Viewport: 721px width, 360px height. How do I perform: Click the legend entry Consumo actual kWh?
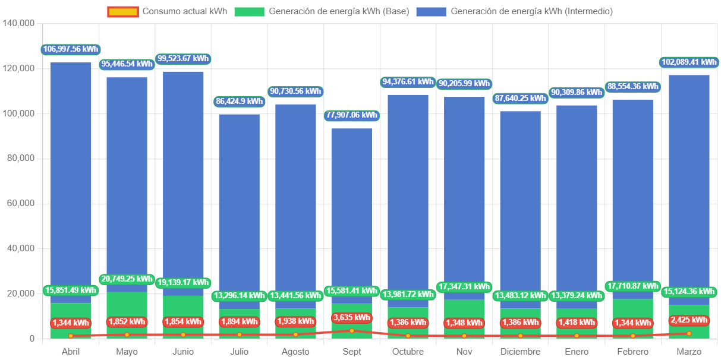(x=167, y=11)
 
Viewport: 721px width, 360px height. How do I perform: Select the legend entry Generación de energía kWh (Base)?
(x=322, y=11)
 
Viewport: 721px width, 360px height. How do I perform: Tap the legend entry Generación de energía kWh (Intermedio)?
(x=514, y=11)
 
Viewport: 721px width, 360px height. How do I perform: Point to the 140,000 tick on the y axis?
(x=19, y=23)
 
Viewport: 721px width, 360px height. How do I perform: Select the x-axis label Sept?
(x=352, y=352)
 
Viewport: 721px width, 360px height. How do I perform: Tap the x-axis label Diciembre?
(x=521, y=352)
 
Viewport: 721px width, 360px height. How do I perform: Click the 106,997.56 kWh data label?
(x=71, y=49)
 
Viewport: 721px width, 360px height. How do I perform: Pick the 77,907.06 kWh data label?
(x=351, y=115)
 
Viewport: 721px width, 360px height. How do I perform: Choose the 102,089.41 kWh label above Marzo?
(x=689, y=62)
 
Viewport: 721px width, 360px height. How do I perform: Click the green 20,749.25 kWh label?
(x=127, y=279)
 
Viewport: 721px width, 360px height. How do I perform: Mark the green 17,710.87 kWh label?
(x=633, y=286)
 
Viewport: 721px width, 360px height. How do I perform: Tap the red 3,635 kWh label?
(x=352, y=317)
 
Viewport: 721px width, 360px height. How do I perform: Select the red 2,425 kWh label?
(x=689, y=320)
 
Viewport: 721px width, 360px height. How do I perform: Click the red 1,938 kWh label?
(x=295, y=321)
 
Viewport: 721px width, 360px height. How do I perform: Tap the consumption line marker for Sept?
(x=352, y=331)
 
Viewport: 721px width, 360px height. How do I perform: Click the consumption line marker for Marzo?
(x=689, y=334)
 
